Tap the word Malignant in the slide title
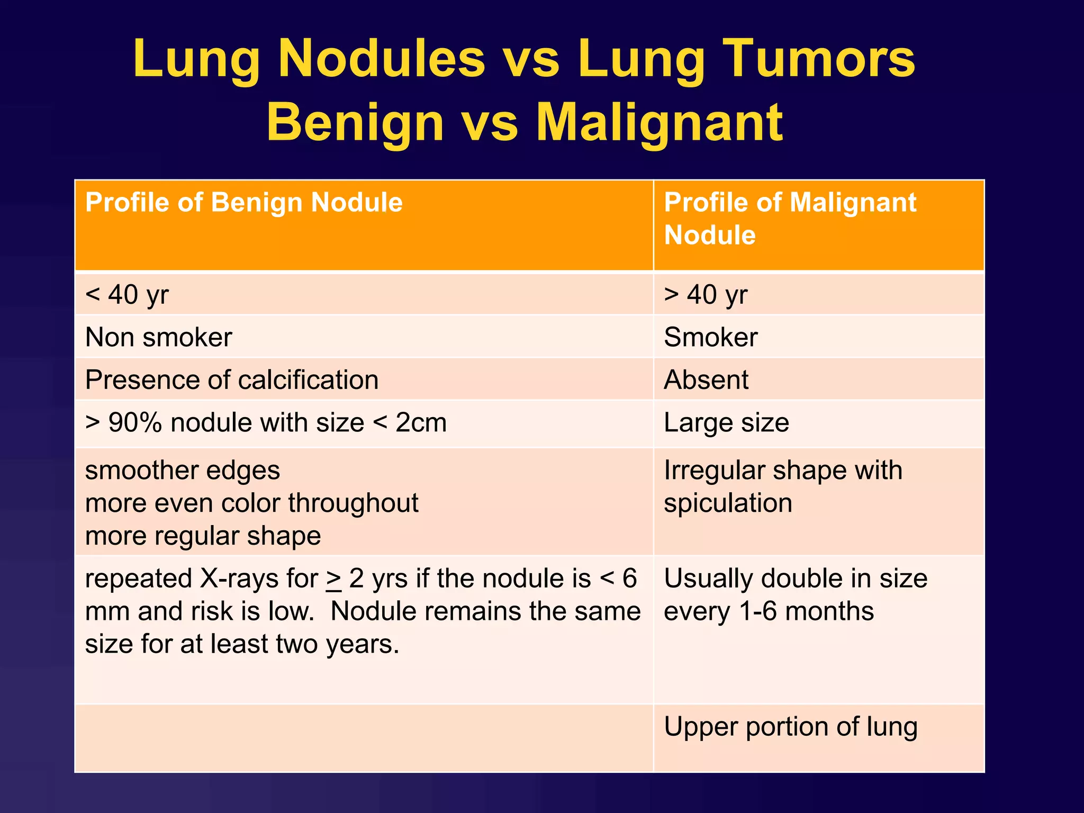[659, 123]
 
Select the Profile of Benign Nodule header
[244, 203]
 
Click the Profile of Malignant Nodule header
[790, 218]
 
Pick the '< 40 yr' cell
[127, 294]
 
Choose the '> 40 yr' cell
[706, 294]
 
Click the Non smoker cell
[159, 337]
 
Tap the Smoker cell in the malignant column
[711, 337]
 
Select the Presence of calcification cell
[232, 380]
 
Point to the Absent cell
[706, 380]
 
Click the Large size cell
[726, 423]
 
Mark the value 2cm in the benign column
[421, 423]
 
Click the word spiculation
[728, 503]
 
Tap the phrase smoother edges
[183, 471]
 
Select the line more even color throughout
[252, 503]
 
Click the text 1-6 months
[806, 611]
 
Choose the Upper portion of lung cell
[790, 727]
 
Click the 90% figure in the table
[135, 423]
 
